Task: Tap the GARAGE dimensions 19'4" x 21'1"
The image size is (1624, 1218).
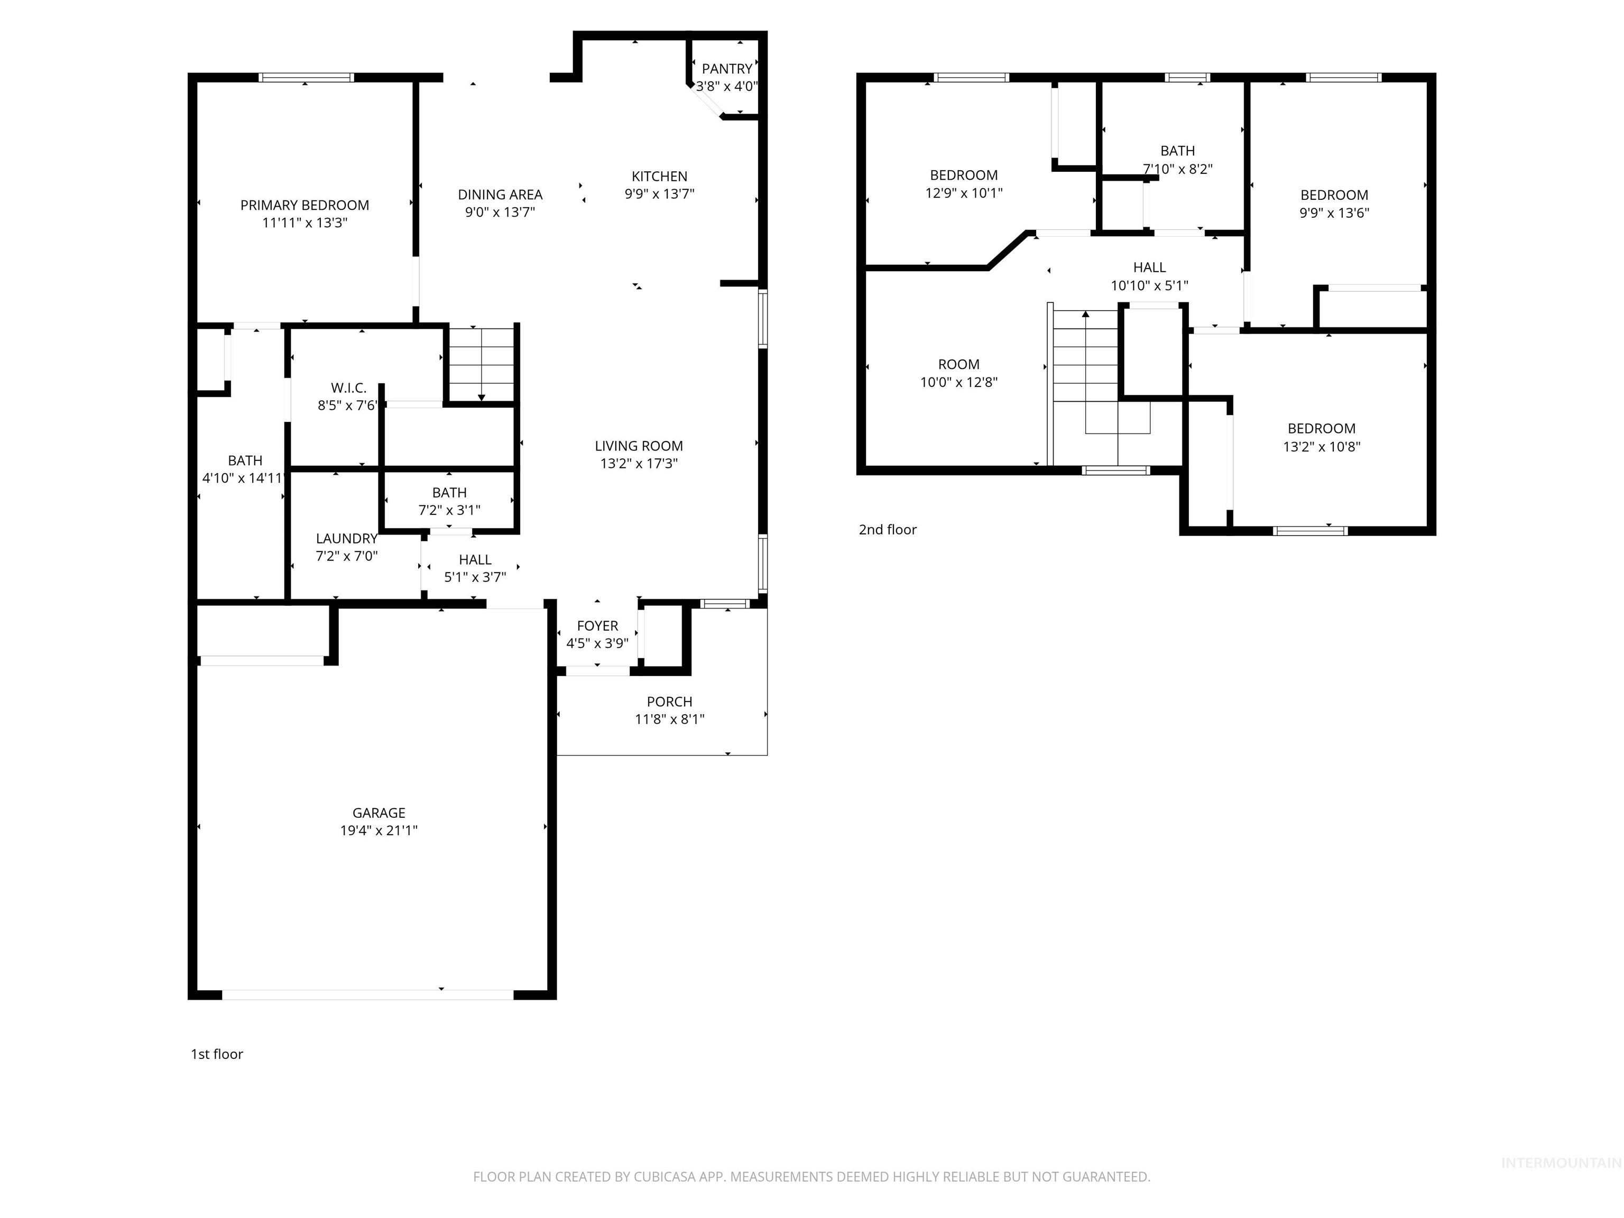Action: [x=379, y=831]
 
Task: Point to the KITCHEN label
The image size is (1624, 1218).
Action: [x=659, y=176]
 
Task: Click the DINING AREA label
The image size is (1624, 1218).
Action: [x=500, y=195]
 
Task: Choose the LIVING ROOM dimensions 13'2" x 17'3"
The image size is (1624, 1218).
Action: [x=639, y=463]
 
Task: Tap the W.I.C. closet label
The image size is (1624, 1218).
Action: [x=348, y=387]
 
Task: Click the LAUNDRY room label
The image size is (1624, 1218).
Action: [x=347, y=538]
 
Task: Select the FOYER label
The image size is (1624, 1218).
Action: [x=597, y=625]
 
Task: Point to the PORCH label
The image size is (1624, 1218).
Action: [x=669, y=701]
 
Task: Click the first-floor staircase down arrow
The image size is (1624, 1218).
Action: [x=482, y=396]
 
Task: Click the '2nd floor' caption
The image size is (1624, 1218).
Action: [x=888, y=529]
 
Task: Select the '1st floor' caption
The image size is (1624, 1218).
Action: [x=217, y=1054]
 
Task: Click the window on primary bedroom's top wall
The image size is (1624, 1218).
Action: [x=306, y=77]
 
